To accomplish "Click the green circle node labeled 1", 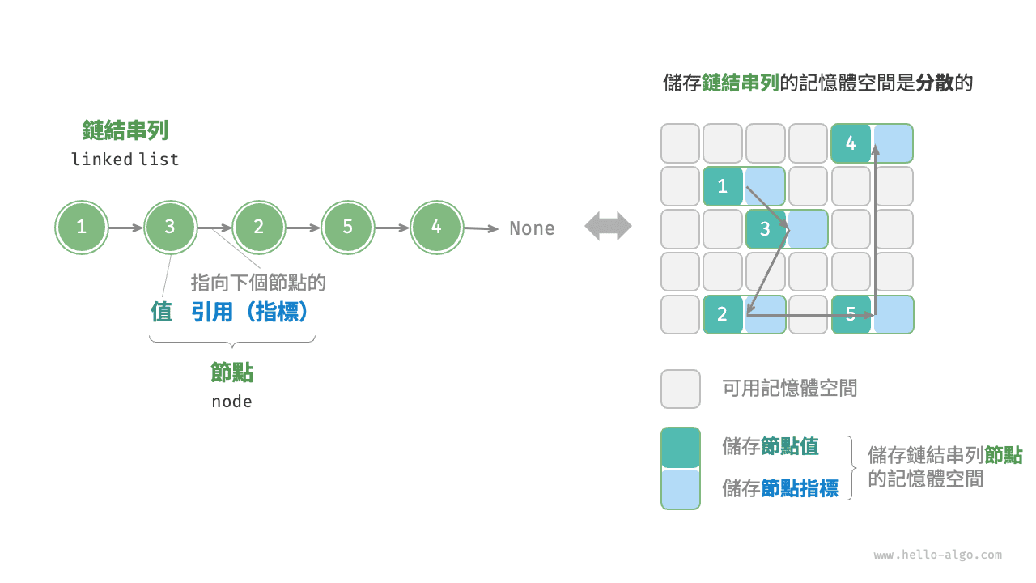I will (x=81, y=228).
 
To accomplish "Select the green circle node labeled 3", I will (x=170, y=228).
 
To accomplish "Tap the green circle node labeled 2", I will (x=259, y=228).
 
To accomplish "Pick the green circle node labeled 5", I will (x=347, y=228).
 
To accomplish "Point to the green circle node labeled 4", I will (x=436, y=228).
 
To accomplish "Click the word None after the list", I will (x=532, y=228).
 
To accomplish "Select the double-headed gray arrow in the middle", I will (x=608, y=226).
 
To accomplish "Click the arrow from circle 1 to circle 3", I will (x=125, y=228).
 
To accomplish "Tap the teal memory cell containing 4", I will (x=851, y=143).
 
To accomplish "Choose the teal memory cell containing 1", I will (x=723, y=186).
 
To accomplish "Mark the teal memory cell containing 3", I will (x=766, y=229).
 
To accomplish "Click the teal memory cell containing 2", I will (x=723, y=315).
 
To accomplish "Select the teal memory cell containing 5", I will (x=851, y=315).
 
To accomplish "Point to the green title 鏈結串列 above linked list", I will (x=125, y=130).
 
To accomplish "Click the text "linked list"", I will (x=125, y=160).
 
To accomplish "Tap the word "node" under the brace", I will (x=231, y=402).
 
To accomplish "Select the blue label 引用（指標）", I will (x=251, y=312).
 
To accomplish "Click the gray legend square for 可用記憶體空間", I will (x=681, y=389).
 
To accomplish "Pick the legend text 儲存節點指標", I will (x=780, y=488).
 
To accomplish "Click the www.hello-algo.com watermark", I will (x=937, y=555).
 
